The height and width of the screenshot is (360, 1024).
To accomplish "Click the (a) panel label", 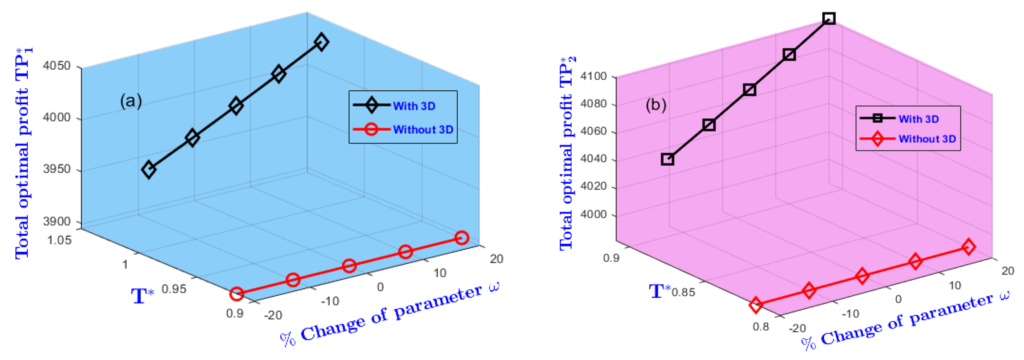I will (131, 101).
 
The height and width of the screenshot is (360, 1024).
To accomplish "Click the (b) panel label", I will (655, 105).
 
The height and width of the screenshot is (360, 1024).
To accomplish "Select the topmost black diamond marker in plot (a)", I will (321, 42).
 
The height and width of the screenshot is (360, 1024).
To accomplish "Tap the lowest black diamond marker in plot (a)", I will (149, 170).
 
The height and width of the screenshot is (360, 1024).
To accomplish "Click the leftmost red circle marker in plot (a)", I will (237, 294).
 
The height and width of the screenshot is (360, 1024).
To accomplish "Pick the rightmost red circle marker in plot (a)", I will (461, 238).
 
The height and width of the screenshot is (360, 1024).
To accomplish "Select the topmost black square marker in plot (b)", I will (829, 18).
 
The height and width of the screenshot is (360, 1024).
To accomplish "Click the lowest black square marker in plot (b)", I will (667, 159).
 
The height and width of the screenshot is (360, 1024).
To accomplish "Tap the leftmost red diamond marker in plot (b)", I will (756, 305).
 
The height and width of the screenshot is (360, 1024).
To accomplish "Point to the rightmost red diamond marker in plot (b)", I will (968, 247).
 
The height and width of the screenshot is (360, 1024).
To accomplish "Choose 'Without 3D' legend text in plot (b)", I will (927, 139).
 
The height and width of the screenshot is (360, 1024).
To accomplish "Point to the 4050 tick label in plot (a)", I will (56, 66).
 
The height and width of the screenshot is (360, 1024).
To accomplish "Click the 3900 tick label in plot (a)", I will (56, 221).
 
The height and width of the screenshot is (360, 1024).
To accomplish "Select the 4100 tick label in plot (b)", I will (593, 76).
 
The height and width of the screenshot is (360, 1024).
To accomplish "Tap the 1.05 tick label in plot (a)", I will (59, 240).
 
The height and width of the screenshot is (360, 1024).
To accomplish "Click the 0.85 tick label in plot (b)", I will (683, 293).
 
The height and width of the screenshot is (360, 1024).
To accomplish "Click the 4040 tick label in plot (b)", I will (593, 159).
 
